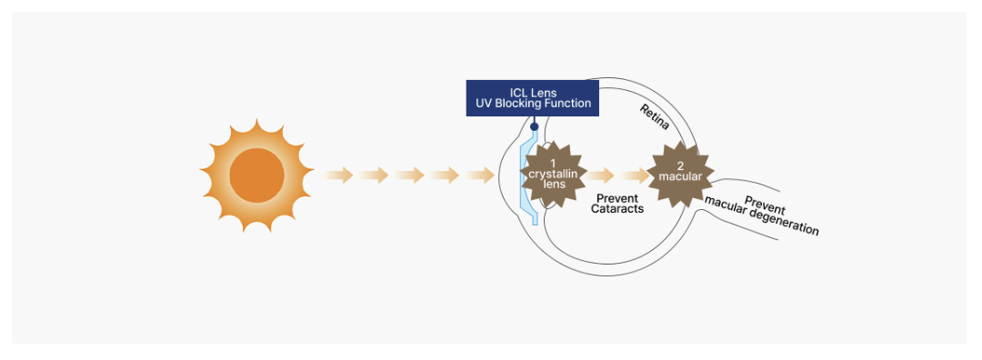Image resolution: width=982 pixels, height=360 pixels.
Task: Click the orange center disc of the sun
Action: click(256, 175)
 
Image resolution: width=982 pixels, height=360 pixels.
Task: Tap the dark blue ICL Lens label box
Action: click(532, 97)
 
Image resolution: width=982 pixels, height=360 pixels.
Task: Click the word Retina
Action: click(655, 117)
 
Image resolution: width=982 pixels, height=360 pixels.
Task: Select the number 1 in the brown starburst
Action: click(553, 163)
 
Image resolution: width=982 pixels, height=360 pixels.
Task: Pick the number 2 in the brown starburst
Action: click(680, 166)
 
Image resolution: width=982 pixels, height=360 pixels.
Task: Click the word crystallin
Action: click(553, 174)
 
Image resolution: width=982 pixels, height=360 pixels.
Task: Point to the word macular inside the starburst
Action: click(680, 176)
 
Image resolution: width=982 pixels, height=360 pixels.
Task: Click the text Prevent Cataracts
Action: click(616, 204)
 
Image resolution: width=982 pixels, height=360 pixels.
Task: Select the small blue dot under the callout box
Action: click(535, 126)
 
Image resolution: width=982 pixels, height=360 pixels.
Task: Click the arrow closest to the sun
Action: click(338, 175)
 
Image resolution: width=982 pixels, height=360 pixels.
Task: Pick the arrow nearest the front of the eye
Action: click(480, 175)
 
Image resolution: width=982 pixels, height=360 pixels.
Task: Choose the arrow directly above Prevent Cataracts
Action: click(600, 175)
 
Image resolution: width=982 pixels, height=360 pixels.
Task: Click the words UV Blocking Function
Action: click(533, 104)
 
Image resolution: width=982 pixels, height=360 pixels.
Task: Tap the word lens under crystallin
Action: click(554, 184)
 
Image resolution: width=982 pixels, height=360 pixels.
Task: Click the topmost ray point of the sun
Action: click(256, 119)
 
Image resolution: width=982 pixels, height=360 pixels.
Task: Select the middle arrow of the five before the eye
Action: click(409, 175)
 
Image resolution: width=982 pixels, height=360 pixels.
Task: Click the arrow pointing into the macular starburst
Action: click(635, 175)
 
